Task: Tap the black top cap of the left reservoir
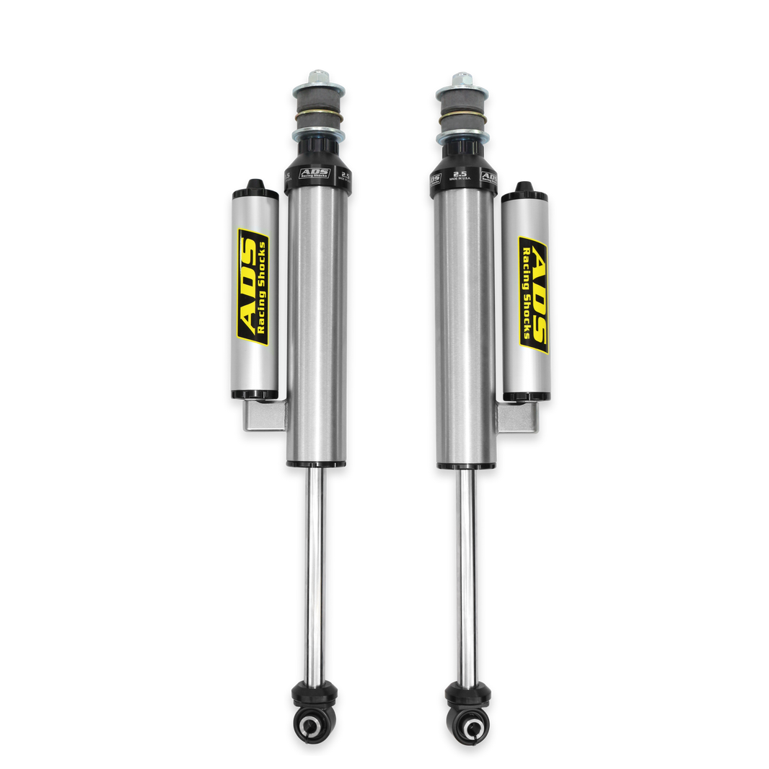pyautogui.click(x=254, y=188)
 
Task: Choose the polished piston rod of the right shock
pyautogui.click(x=465, y=570)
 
